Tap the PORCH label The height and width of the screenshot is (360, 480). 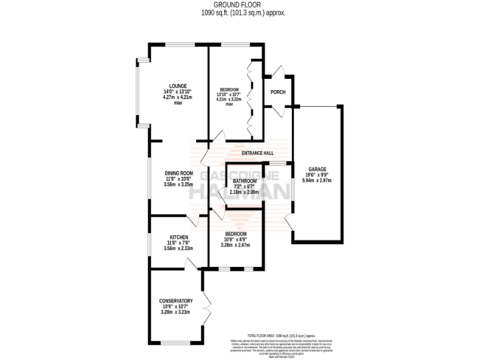tap(277, 92)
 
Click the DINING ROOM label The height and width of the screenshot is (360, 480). tap(178, 173)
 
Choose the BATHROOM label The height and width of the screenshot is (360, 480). tap(245, 181)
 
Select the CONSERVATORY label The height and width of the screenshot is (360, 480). tap(176, 301)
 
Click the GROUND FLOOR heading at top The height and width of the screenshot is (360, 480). tap(240, 5)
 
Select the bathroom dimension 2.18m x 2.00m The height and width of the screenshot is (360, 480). tap(245, 192)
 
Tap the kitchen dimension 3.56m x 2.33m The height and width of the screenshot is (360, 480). tap(178, 248)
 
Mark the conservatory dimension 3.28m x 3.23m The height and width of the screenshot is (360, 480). tap(176, 312)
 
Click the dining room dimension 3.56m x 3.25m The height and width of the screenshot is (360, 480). tap(178, 184)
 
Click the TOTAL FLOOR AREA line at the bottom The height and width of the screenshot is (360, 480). tap(281, 336)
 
